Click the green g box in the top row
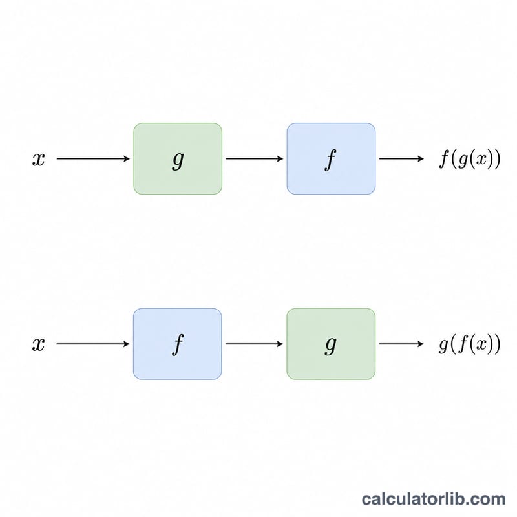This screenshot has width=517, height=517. pyautogui.click(x=178, y=158)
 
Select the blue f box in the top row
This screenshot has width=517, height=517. pyautogui.click(x=331, y=158)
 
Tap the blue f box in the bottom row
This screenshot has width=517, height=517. pyautogui.click(x=177, y=344)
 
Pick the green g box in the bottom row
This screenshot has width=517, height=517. pyautogui.click(x=331, y=344)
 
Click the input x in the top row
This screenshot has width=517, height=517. pyautogui.click(x=39, y=159)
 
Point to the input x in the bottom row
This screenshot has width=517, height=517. pyautogui.click(x=39, y=344)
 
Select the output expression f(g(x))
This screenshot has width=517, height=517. pyautogui.click(x=470, y=159)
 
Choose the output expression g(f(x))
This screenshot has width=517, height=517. pyautogui.click(x=470, y=344)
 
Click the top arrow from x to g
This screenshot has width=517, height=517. pyautogui.click(x=93, y=158)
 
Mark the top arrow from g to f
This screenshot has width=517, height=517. pyautogui.click(x=255, y=158)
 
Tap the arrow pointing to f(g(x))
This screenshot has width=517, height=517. pyautogui.click(x=401, y=158)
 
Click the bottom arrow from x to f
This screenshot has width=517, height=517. pyautogui.click(x=93, y=344)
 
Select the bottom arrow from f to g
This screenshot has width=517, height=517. pyautogui.click(x=254, y=344)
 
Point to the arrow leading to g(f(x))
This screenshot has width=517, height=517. pyautogui.click(x=401, y=344)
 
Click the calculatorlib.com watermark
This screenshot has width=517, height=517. pyautogui.click(x=434, y=499)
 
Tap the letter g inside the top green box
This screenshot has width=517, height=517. pyautogui.click(x=178, y=160)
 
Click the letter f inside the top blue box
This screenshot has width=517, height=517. pyautogui.click(x=330, y=160)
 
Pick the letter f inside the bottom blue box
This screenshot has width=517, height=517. pyautogui.click(x=178, y=344)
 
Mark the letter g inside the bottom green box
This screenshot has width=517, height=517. pyautogui.click(x=331, y=346)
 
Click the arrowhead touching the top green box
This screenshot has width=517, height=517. pyautogui.click(x=127, y=158)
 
